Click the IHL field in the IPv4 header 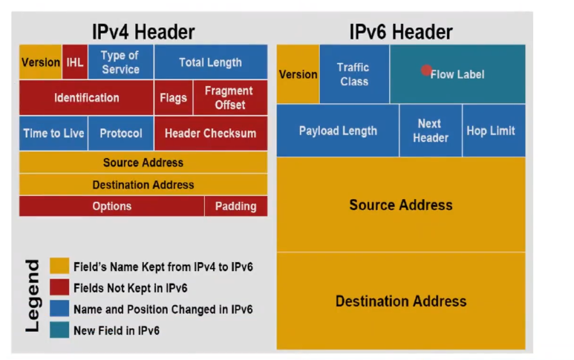[75, 62]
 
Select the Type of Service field [120, 62]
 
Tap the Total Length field [210, 62]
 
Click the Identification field [86, 98]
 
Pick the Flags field [173, 98]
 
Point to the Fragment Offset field [229, 98]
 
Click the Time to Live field [53, 134]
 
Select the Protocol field [120, 134]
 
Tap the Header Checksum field [210, 134]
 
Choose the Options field [111, 206]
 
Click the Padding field [235, 206]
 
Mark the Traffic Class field [354, 74]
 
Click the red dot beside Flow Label [426, 71]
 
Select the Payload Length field [338, 131]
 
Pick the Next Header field [430, 131]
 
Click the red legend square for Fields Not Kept [59, 287]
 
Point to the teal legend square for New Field [59, 330]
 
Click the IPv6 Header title [400, 32]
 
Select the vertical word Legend [33, 295]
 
